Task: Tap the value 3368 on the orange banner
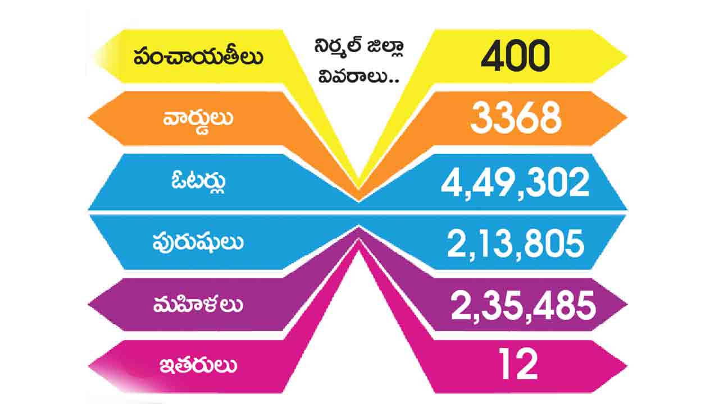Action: click(x=516, y=118)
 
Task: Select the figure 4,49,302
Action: click(x=515, y=182)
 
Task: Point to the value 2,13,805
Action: click(x=515, y=245)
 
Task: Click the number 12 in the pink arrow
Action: click(x=518, y=365)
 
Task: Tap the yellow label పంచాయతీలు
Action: click(x=198, y=57)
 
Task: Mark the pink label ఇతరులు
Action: click(x=198, y=366)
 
